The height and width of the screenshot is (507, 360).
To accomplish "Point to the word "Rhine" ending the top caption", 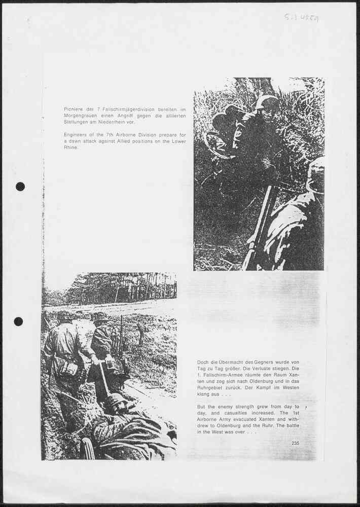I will [70, 148].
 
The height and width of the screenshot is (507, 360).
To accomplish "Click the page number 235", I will [296, 444].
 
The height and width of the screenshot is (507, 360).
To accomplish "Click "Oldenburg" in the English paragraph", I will [236, 426].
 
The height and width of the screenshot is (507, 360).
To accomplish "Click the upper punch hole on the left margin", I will [20, 186].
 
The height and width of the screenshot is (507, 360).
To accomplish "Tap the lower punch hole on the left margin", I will [18, 321].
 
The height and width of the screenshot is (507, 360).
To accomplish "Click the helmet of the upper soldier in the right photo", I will [266, 101].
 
